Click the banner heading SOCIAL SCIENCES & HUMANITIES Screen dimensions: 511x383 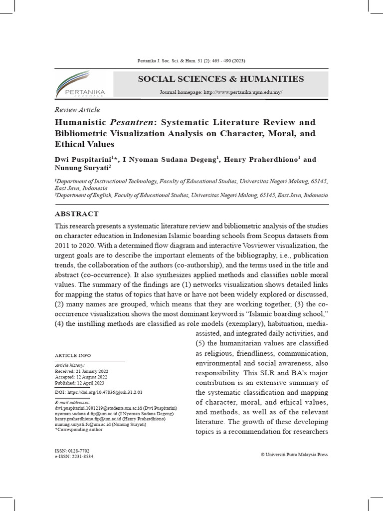pyautogui.click(x=220, y=79)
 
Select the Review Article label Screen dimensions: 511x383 pyautogui.click(x=77, y=110)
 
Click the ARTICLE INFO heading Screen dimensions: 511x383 pyautogui.click(x=73, y=355)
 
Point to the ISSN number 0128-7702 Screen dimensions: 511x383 pyautogui.click(x=72, y=451)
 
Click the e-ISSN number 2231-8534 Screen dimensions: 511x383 pyautogui.click(x=74, y=456)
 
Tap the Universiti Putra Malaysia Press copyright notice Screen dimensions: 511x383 pyautogui.click(x=294, y=455)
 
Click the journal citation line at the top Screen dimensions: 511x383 pyautogui.click(x=191, y=61)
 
